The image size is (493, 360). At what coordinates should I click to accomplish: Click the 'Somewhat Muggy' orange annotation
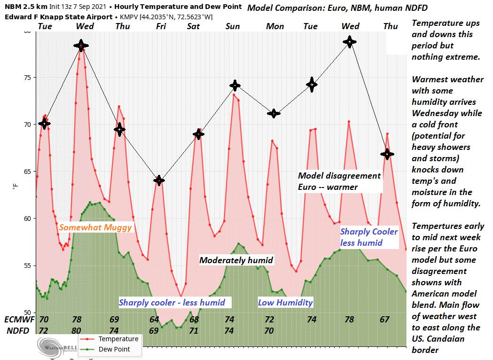pyautogui.click(x=95, y=227)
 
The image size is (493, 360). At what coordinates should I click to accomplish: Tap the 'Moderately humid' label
pyautogui.click(x=236, y=260)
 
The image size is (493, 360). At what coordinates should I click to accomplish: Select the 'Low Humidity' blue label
pyautogui.click(x=285, y=302)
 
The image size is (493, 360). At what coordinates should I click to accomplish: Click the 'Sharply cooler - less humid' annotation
pyautogui.click(x=172, y=302)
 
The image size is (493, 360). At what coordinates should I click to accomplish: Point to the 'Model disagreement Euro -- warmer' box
pyautogui.click(x=339, y=181)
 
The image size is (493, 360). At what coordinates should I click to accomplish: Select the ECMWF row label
pyautogui.click(x=18, y=320)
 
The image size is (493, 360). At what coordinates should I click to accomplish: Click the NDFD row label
pyautogui.click(x=18, y=330)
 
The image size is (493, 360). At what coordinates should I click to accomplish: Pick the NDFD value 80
pyautogui.click(x=77, y=330)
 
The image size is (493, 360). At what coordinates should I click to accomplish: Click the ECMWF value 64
pyautogui.click(x=154, y=320)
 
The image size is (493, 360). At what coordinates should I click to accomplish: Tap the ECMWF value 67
pyautogui.click(x=384, y=320)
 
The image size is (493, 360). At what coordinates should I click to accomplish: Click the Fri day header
pyautogui.click(x=161, y=26)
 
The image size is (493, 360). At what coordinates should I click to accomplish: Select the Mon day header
pyautogui.click(x=275, y=26)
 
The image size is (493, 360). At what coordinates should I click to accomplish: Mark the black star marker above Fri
pyautogui.click(x=159, y=180)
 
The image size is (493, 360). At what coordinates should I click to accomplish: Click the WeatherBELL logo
pyautogui.click(x=49, y=348)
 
